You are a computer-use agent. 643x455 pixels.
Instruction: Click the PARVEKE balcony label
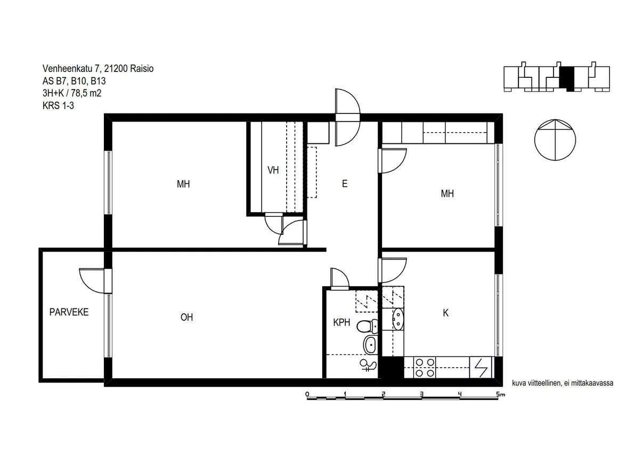69,312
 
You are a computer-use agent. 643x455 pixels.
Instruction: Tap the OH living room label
186,317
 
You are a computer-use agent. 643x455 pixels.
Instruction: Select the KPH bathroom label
341,322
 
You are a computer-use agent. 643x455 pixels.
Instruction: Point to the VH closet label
273,170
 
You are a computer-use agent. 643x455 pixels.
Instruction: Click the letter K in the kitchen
445,313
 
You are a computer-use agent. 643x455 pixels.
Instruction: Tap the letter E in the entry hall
345,184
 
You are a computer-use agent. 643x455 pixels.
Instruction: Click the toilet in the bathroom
367,326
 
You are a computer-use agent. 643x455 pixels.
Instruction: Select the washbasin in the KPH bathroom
371,344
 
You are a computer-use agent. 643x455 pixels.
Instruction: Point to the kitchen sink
397,319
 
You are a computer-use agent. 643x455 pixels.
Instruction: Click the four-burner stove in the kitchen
425,368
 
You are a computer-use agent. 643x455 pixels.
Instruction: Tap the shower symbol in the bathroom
368,365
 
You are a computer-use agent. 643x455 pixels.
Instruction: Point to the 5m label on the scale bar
501,394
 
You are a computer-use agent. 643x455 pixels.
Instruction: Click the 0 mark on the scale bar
307,394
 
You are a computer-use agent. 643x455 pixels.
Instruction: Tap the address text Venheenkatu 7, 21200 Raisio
98,69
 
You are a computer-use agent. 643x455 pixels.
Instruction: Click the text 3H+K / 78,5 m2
72,93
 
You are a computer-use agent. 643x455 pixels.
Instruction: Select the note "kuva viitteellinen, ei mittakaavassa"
563,383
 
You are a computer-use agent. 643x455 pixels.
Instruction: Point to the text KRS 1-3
58,105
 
